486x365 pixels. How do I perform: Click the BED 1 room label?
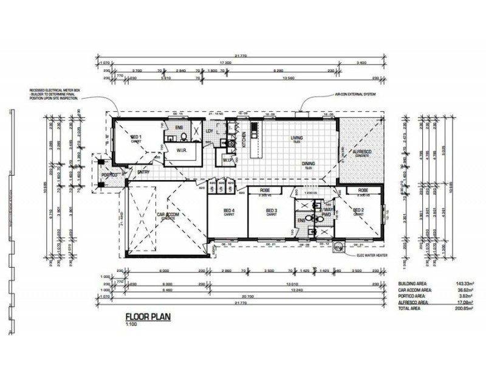137,137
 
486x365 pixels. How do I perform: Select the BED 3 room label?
271,210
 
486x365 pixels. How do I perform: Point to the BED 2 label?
359,210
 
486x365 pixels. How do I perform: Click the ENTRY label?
143,172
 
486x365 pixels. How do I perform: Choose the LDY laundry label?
210,131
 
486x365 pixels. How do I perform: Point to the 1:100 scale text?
131,325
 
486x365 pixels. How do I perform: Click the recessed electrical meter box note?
55,94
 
